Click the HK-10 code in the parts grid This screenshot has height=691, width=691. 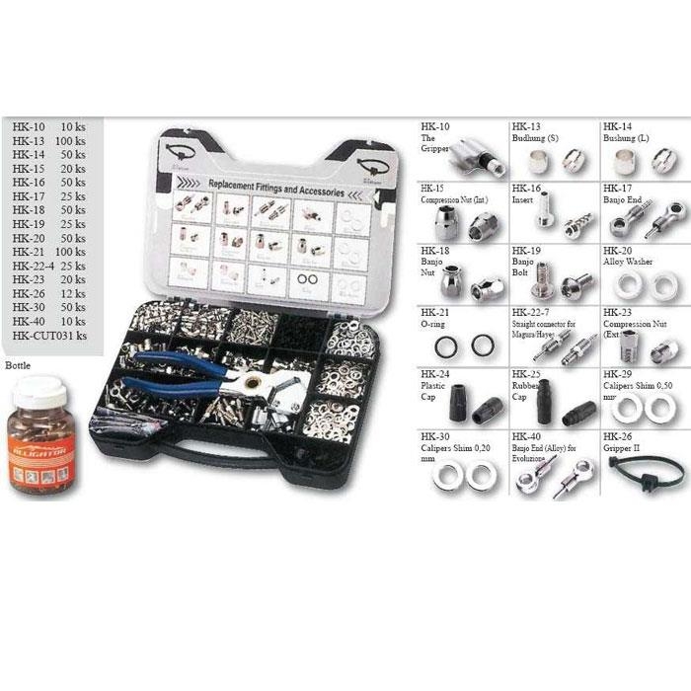[434, 127]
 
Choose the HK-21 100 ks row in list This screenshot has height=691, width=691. [49, 254]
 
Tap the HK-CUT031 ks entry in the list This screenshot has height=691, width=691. [50, 337]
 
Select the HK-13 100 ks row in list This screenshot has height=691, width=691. [49, 142]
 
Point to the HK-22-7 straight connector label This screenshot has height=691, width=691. [541, 320]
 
